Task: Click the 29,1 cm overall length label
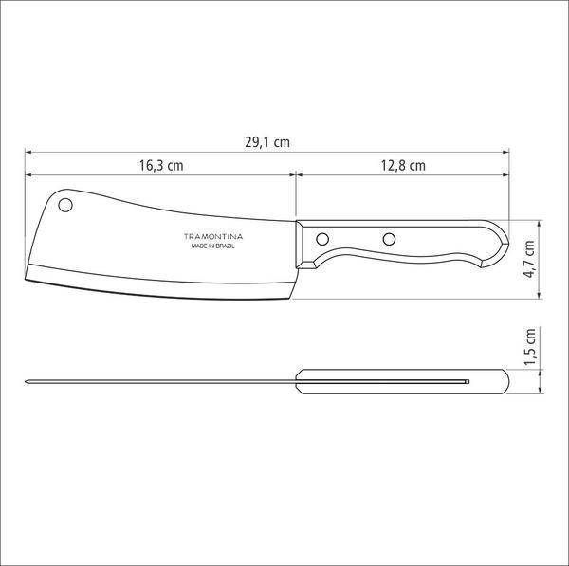[x=267, y=142]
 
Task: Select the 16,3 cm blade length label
[x=161, y=166]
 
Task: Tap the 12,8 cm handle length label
[x=403, y=166]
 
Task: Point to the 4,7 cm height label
[x=529, y=259]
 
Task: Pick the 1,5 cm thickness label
[x=529, y=347]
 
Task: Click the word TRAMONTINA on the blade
[x=213, y=237]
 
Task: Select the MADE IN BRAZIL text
[x=213, y=246]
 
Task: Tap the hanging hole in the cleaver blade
[x=65, y=206]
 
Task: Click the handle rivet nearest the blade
[x=322, y=239]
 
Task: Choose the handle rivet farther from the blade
[x=389, y=239]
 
